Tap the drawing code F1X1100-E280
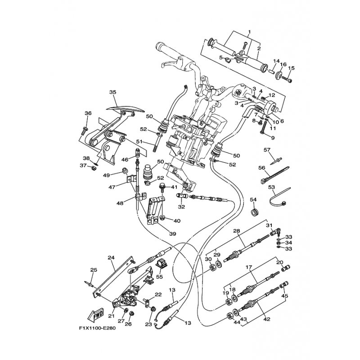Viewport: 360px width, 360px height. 97,328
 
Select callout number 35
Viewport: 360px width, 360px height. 112,92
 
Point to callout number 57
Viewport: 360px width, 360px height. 267,150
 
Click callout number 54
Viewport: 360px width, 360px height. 253,200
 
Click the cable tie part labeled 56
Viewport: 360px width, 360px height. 275,175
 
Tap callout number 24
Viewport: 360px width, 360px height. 111,257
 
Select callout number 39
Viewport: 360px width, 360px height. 173,234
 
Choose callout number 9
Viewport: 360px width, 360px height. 273,138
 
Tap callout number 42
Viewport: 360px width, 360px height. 267,319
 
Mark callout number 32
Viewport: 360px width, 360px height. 181,207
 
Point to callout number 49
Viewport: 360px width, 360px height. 106,175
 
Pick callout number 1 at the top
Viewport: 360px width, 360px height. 250,32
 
